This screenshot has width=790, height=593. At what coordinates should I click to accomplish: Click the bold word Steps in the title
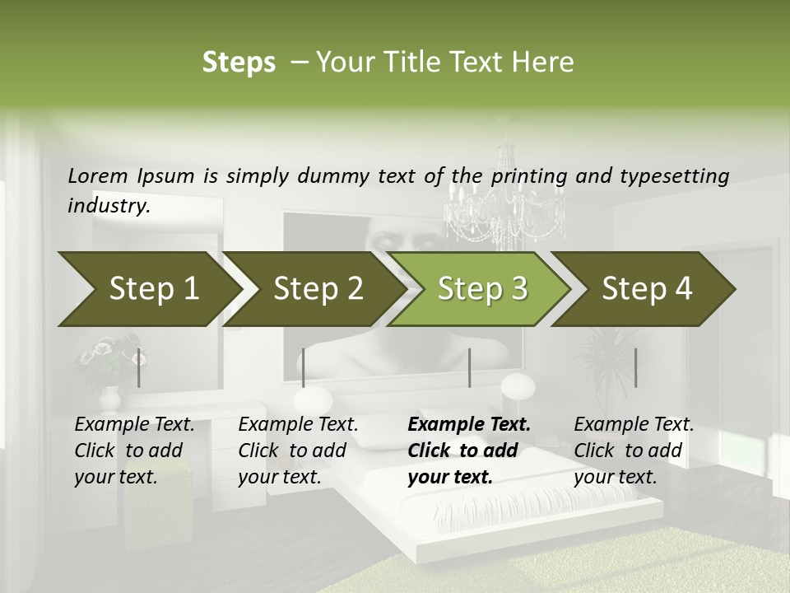(239, 63)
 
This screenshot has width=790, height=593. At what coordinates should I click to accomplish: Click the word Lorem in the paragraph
(98, 175)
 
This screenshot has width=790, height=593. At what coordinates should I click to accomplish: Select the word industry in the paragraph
(108, 205)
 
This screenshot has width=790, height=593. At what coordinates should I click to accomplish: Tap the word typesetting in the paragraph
(674, 175)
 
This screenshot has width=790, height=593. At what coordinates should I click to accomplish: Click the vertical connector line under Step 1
(138, 367)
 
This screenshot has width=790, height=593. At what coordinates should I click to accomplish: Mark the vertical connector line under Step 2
(304, 367)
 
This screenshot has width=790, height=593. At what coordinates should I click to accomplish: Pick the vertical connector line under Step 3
(469, 367)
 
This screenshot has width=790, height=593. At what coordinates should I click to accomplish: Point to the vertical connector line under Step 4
(635, 367)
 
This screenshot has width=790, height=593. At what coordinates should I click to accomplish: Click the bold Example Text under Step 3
(469, 425)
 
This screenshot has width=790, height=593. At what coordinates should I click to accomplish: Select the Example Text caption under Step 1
(134, 425)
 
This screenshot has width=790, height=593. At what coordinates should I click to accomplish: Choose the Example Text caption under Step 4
(634, 425)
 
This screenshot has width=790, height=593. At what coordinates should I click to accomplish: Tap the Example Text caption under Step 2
(298, 425)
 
